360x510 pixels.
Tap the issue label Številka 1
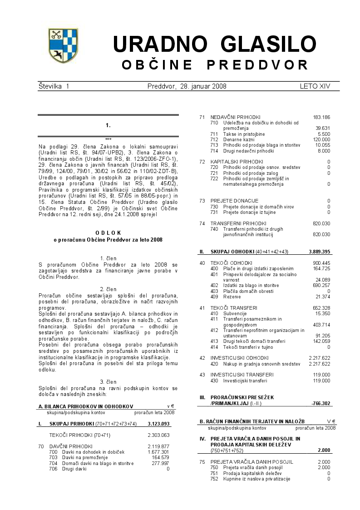click(x=54, y=86)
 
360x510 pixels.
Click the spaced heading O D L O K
click(x=108, y=233)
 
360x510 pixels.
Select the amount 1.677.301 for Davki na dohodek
click(x=158, y=452)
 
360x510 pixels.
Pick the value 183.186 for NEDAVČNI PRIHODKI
click(x=321, y=117)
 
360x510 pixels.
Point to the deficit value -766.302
click(x=321, y=403)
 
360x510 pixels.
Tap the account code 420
click(x=214, y=364)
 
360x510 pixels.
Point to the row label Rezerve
click(x=232, y=297)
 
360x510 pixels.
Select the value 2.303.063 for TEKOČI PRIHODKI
click(x=158, y=435)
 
